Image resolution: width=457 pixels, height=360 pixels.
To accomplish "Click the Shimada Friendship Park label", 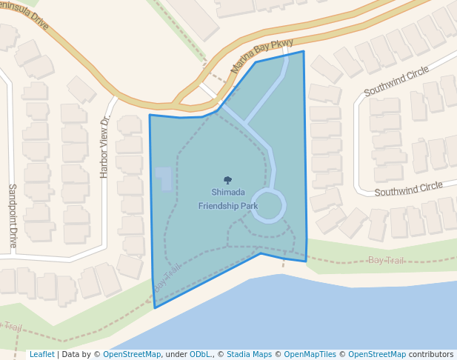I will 228,199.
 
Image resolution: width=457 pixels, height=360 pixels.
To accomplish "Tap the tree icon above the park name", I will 227,180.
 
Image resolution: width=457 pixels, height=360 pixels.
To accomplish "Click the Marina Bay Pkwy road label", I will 263,56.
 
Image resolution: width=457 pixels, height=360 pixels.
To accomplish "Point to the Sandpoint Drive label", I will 13,216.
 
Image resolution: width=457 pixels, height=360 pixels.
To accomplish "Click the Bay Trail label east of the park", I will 386,261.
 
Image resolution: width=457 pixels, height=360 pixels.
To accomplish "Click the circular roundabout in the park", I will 269,206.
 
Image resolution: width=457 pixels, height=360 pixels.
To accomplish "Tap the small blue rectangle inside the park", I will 163,178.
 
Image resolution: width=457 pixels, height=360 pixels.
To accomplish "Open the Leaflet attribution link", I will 42,354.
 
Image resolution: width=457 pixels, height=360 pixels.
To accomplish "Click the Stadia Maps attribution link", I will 249,354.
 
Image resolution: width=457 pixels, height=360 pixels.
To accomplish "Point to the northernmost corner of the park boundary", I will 303,51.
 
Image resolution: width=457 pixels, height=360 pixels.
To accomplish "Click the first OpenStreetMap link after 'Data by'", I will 132,354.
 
